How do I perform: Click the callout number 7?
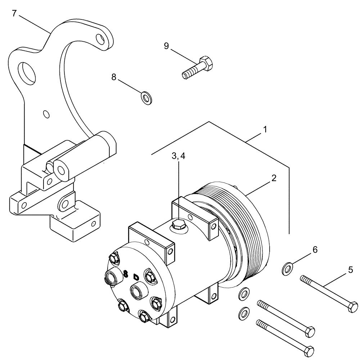click(x=14, y=14)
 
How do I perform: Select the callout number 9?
click(x=166, y=46)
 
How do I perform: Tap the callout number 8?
click(x=114, y=77)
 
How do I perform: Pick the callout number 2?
click(x=274, y=178)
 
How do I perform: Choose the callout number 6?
click(x=315, y=250)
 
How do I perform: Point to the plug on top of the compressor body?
click(x=178, y=225)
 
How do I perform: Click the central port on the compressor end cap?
click(x=137, y=291)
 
